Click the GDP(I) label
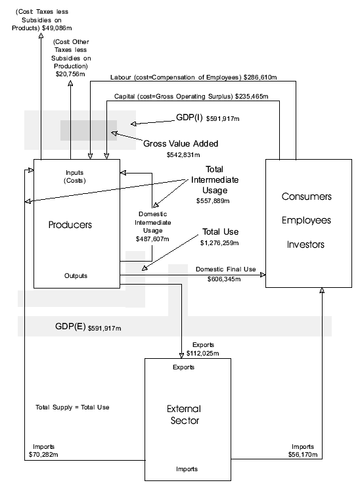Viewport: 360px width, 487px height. (191, 119)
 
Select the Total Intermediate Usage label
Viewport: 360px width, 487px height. (214, 179)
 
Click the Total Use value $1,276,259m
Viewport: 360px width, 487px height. (221, 243)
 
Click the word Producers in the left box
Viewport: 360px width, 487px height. (70, 225)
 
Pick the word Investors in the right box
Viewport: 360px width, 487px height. (307, 244)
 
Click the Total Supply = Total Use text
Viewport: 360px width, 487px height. (72, 407)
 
